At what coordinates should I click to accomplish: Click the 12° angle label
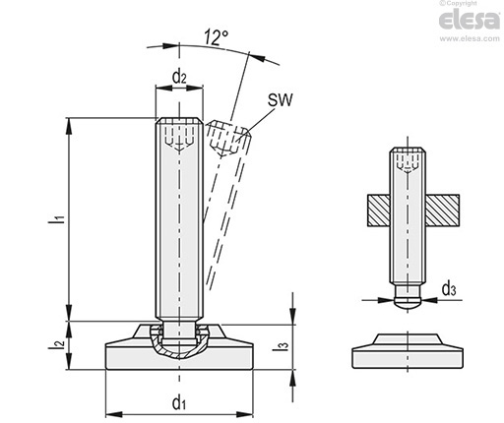(x=216, y=37)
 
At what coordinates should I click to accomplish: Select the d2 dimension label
(x=179, y=78)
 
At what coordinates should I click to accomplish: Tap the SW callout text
(x=280, y=100)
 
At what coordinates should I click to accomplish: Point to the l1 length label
(x=56, y=219)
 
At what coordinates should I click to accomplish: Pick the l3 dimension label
(x=281, y=345)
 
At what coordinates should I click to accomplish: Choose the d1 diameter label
(x=179, y=402)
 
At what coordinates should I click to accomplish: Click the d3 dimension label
(x=449, y=289)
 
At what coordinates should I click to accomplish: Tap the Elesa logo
(x=470, y=20)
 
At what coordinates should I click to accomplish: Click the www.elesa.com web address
(x=470, y=38)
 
